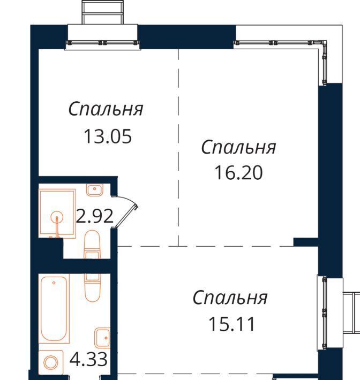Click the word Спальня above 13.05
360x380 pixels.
coord(106,109)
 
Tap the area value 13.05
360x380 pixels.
coord(108,136)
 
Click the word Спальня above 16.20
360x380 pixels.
coord(239,147)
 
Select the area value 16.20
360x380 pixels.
coord(239,173)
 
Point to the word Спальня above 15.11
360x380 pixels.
coord(230,298)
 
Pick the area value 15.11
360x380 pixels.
coord(231,324)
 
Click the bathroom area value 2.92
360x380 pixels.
coord(95,216)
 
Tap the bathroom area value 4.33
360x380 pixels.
coord(88,359)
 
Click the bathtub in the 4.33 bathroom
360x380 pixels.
coord(54,309)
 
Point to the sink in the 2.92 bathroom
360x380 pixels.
coord(95,190)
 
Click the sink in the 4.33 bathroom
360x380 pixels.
coord(102,338)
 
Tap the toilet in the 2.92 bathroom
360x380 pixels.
coord(92,244)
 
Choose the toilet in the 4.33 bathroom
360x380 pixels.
coord(93,287)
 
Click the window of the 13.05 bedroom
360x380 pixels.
coord(103,43)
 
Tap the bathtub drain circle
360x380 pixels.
coord(54,283)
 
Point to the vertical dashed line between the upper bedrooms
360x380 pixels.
coord(178,148)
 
